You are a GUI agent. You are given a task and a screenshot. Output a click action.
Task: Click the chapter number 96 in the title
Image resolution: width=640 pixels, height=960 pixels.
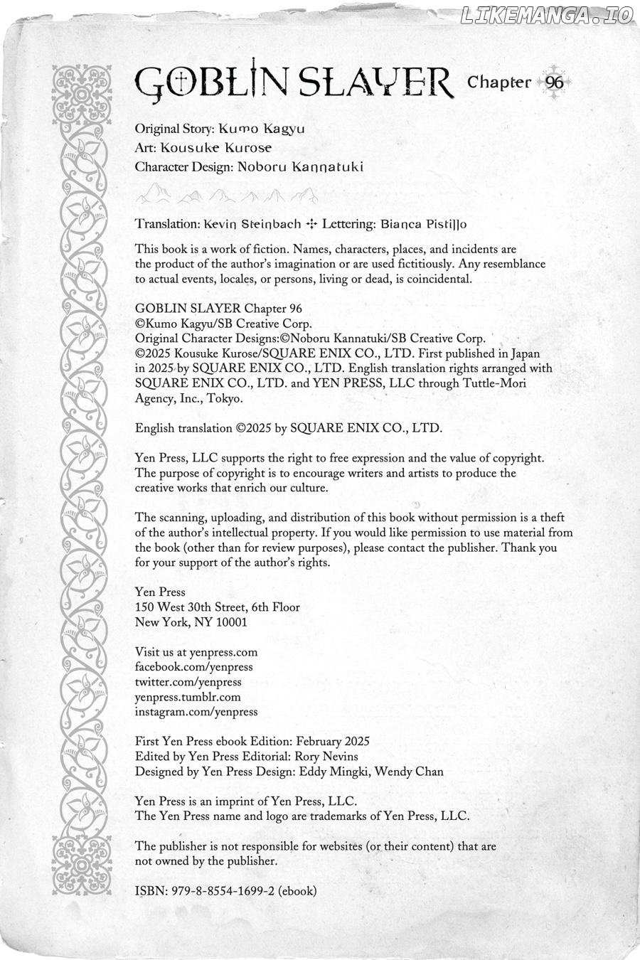tap(554, 82)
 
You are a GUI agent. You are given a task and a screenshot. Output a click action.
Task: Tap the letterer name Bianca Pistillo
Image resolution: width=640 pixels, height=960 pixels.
tap(424, 223)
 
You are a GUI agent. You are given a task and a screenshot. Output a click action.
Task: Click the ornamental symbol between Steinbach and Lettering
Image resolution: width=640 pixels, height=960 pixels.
tap(311, 223)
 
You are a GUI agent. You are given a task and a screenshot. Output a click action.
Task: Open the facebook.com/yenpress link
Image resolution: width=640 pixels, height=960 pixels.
tap(194, 666)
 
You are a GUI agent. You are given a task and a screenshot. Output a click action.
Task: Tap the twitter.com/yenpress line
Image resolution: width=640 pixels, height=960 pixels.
tap(188, 681)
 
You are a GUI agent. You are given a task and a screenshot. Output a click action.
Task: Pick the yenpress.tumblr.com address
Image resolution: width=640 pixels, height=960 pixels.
tap(188, 696)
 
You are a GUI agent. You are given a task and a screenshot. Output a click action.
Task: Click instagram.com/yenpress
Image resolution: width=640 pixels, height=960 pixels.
tap(196, 711)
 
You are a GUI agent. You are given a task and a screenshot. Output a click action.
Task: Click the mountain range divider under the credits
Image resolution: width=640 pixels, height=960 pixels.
tap(226, 193)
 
